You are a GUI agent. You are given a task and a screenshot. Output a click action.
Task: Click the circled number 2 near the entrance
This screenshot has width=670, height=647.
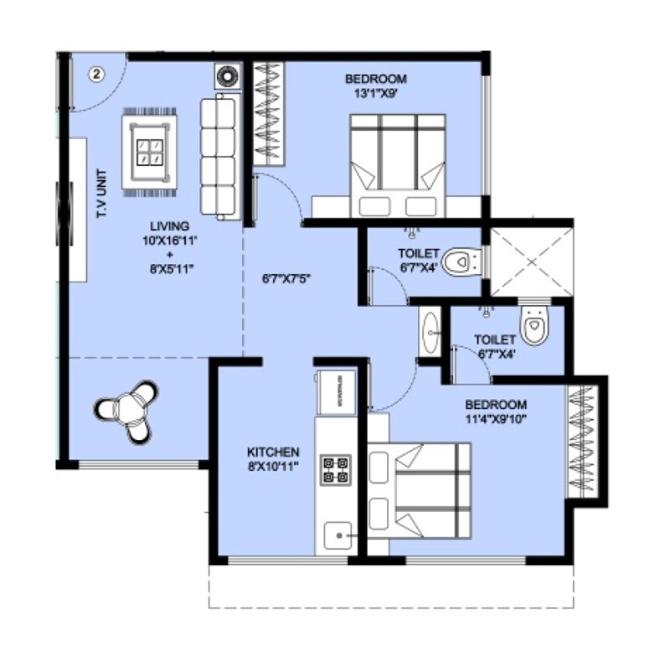(x=96, y=74)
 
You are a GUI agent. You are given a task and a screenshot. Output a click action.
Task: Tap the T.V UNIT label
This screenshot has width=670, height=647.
(x=102, y=194)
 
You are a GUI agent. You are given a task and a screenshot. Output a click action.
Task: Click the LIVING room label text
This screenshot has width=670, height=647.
(x=169, y=226)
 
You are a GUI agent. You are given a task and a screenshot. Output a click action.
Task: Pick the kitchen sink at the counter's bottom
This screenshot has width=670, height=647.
(x=338, y=534)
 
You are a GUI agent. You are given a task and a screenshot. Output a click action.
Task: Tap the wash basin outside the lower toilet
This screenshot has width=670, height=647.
(x=430, y=332)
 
